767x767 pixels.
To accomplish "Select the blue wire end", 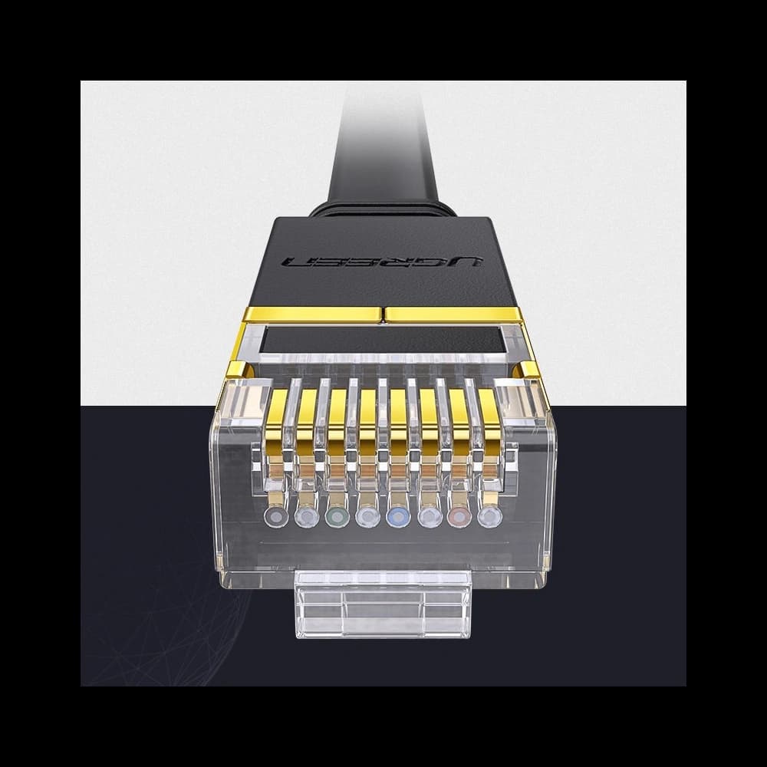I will click(397, 518).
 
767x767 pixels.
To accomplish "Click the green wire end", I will click(335, 518).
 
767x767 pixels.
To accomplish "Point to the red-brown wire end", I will click(458, 518).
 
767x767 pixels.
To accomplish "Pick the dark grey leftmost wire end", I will click(274, 518).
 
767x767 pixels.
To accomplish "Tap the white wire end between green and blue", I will click(366, 518).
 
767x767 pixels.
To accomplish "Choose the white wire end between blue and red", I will click(427, 518).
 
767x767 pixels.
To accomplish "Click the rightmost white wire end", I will click(489, 518).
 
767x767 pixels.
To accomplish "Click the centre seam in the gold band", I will click(382, 314).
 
